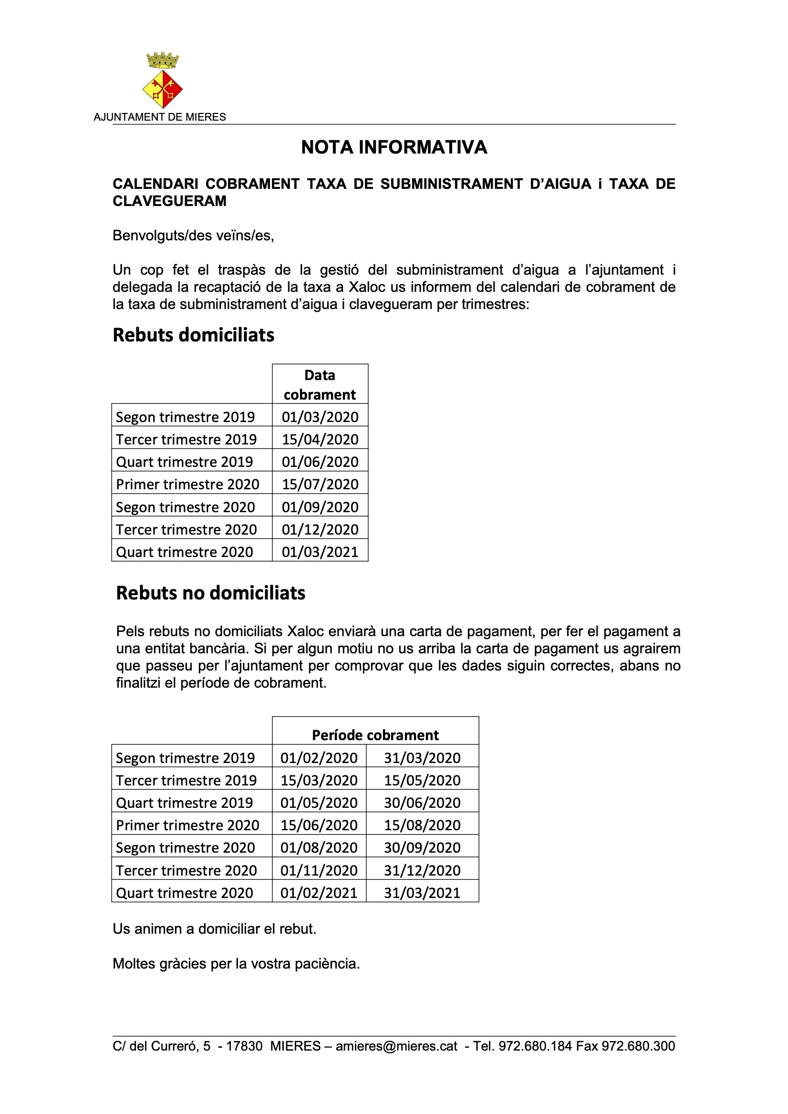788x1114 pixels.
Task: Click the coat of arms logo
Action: coord(163,81)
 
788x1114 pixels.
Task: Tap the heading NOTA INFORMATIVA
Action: coord(394,147)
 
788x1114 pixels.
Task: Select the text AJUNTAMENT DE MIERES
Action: coord(160,117)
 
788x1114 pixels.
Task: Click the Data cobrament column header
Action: coord(320,385)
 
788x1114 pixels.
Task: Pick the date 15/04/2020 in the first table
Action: coord(320,440)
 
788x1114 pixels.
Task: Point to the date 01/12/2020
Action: coord(320,529)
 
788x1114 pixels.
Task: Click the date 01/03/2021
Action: coord(320,552)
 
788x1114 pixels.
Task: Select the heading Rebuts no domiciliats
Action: coord(210,593)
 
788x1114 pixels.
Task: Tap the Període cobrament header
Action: coord(375,735)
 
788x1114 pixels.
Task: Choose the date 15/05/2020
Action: coord(422,780)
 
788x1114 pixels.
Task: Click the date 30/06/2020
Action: coord(422,803)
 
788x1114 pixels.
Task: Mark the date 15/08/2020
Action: coord(422,825)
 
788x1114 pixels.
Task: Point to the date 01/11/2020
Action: coord(319,870)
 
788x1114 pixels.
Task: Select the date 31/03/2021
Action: coord(422,893)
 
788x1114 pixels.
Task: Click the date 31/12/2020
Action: coord(422,870)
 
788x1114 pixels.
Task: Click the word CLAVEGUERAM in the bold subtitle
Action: coord(169,201)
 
